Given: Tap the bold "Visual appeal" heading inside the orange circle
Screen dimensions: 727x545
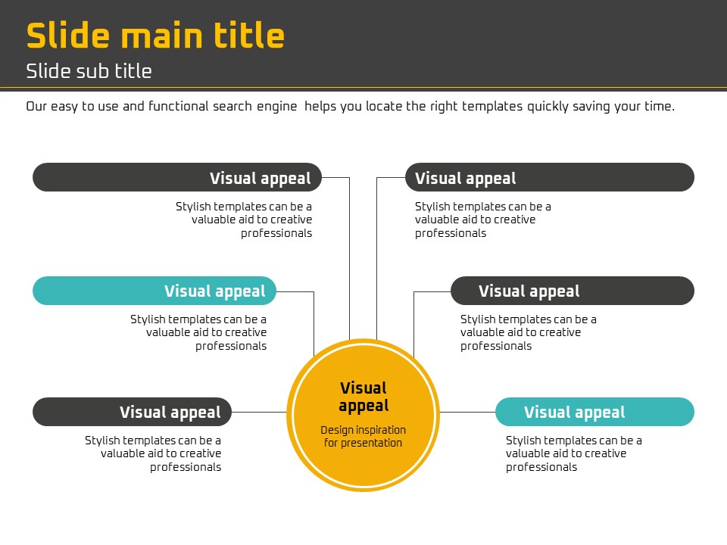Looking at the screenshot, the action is [x=363, y=397].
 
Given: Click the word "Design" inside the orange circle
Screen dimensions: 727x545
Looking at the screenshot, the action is [x=337, y=431].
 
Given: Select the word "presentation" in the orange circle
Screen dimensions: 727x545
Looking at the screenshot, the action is [x=371, y=444].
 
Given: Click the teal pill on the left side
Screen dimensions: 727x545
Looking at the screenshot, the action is [x=154, y=291].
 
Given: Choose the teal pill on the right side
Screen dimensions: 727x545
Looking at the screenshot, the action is [x=595, y=412].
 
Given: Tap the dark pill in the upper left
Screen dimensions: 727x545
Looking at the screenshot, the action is [x=177, y=177].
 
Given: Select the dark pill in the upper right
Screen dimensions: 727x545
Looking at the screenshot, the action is [x=550, y=177].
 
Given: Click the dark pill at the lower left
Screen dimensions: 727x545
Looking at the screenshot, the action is [x=132, y=412].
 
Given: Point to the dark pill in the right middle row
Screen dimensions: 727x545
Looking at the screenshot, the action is [x=573, y=291].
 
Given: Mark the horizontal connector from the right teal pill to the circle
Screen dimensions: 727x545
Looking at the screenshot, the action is [x=467, y=412].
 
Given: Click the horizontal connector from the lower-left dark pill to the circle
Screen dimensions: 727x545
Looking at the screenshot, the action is [x=259, y=412].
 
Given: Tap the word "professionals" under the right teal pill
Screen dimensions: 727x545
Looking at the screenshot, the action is [x=541, y=467].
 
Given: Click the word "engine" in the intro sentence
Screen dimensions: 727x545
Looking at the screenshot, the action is [x=277, y=107].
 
